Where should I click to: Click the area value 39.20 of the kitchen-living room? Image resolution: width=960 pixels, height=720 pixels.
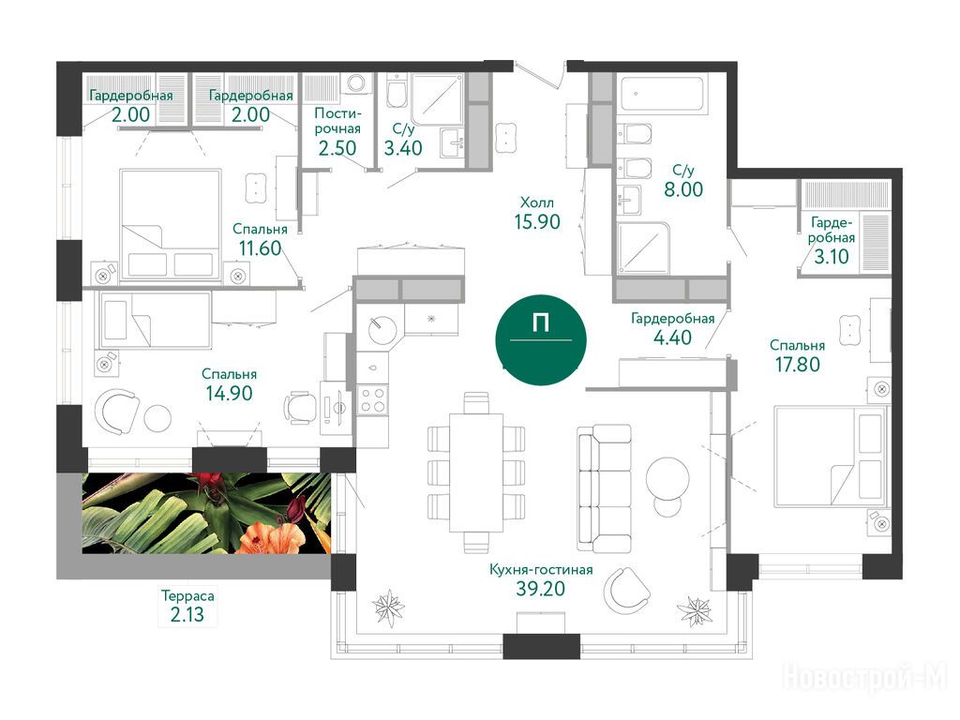[x=540, y=589]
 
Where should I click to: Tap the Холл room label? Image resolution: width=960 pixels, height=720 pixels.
[x=537, y=202]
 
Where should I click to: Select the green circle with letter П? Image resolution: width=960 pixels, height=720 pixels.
[x=541, y=338]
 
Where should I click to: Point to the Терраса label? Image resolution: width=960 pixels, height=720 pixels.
[x=187, y=595]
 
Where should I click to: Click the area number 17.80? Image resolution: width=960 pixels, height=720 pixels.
[x=797, y=365]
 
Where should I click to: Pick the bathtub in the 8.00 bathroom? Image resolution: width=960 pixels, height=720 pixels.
[x=661, y=93]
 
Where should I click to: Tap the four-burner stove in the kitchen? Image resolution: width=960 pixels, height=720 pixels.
[x=373, y=399]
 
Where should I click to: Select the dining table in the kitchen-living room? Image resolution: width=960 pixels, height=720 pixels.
[x=476, y=472]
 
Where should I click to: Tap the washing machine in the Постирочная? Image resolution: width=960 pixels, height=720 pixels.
[x=355, y=84]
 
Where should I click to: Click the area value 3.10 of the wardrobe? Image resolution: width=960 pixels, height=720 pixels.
[x=831, y=257]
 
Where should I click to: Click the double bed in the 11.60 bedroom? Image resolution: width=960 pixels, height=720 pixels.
[x=171, y=225]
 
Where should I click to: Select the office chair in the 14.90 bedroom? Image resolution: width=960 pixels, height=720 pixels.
[x=299, y=406]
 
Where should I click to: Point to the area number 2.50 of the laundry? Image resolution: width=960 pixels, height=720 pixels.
[x=337, y=148]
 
